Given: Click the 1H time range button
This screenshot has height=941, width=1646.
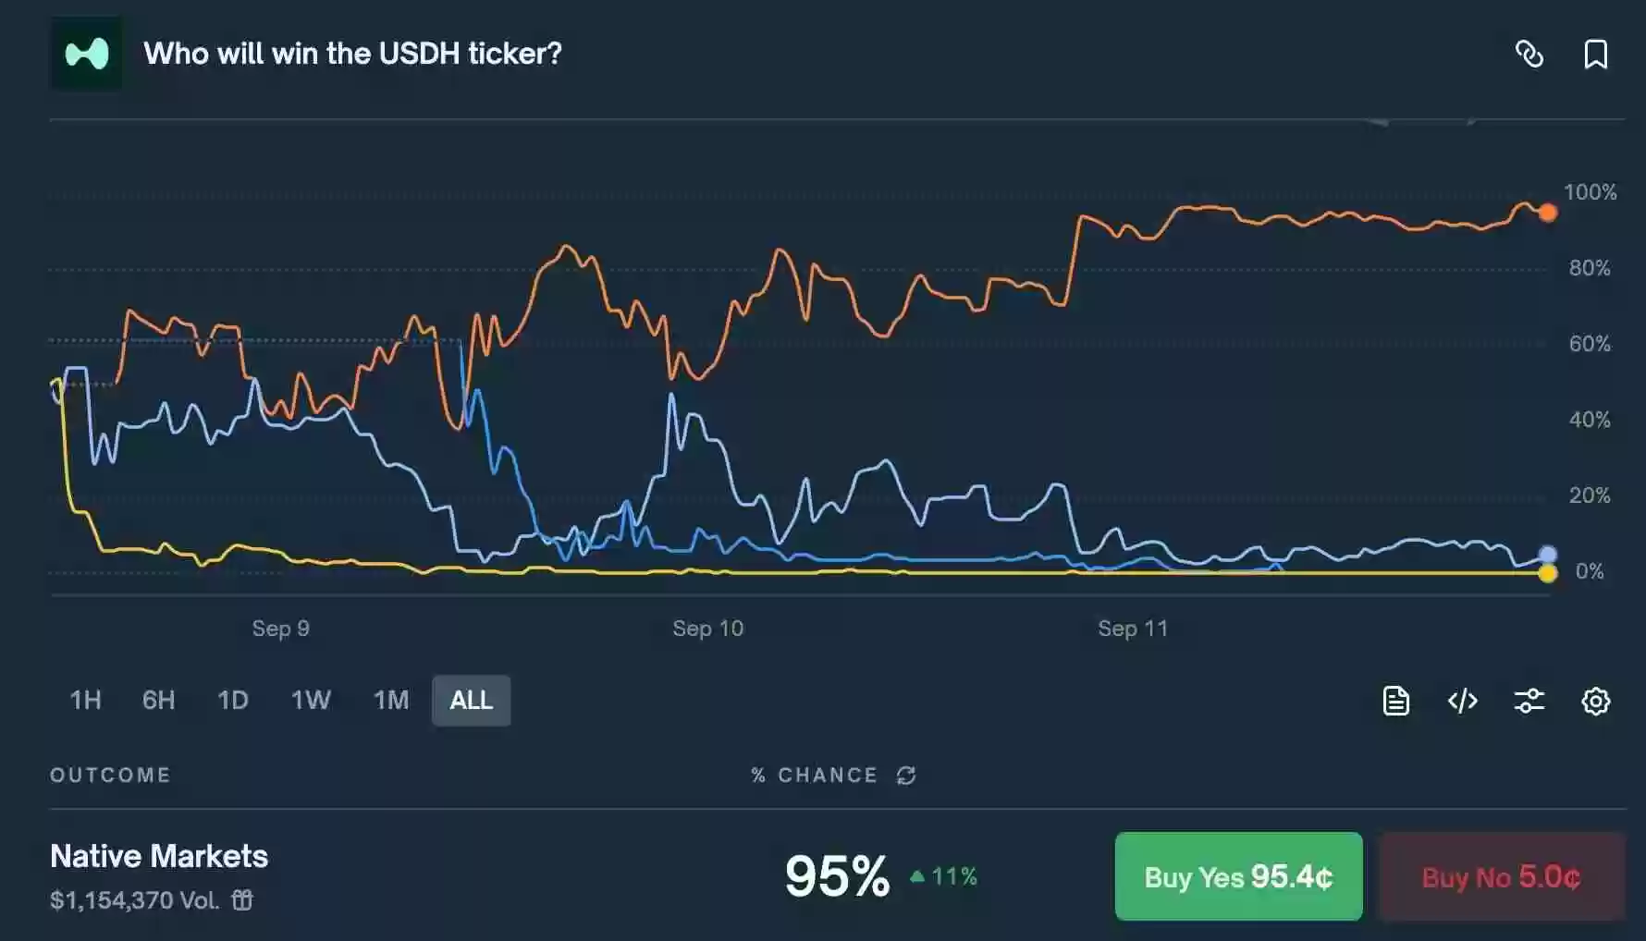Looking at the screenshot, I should (86, 701).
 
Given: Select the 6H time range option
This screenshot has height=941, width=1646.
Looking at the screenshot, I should (158, 701).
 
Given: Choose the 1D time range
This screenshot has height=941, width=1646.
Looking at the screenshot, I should (233, 701).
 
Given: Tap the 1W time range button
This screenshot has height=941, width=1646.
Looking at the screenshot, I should (311, 701).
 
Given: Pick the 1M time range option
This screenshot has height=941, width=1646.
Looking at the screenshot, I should (391, 701).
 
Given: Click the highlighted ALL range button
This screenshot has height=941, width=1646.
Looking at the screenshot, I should (471, 701).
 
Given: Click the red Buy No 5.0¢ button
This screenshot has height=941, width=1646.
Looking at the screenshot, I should (1501, 876).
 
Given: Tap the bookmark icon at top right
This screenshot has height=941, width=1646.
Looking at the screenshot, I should (1595, 55).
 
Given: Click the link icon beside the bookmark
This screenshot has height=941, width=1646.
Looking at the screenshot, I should (1529, 55).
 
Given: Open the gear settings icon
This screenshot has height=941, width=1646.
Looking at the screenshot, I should (1595, 702).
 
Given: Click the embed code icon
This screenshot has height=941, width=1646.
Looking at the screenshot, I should (1462, 702).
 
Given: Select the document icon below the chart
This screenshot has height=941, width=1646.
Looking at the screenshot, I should (1395, 702).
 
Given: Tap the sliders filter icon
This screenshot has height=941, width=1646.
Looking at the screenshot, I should (1529, 702).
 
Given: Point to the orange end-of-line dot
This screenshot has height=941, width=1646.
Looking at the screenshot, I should (1547, 213).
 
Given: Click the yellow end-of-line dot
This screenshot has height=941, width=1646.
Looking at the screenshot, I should (1547, 574).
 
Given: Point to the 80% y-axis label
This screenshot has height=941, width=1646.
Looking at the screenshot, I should (1589, 268).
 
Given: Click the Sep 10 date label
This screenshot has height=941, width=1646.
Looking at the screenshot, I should (707, 629).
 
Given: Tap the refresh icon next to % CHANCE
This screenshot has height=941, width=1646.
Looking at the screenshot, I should (906, 776).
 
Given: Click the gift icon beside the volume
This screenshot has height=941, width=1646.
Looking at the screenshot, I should (242, 899).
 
